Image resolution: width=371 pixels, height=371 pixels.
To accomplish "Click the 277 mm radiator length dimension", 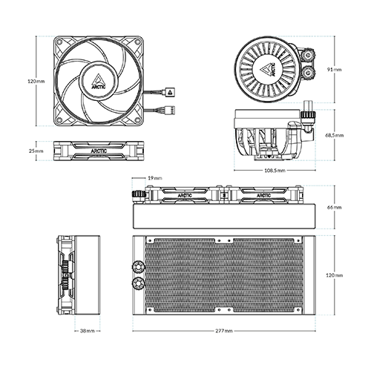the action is point(224,331).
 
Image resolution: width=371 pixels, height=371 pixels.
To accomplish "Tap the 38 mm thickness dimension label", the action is point(88,331).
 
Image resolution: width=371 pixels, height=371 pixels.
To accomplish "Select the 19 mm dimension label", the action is point(155,178).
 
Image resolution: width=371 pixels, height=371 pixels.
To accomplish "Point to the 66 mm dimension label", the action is point(335,207).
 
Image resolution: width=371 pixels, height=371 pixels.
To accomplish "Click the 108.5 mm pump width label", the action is point(275,171).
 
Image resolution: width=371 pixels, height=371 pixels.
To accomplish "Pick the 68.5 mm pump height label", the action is point(335,135).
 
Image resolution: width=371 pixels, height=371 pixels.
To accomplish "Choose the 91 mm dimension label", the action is point(335,70).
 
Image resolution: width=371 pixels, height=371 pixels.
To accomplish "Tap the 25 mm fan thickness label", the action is point(36,151).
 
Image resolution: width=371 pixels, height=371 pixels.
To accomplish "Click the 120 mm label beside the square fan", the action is point(36,81).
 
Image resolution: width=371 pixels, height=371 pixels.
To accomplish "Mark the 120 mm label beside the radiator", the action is point(335,275).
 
